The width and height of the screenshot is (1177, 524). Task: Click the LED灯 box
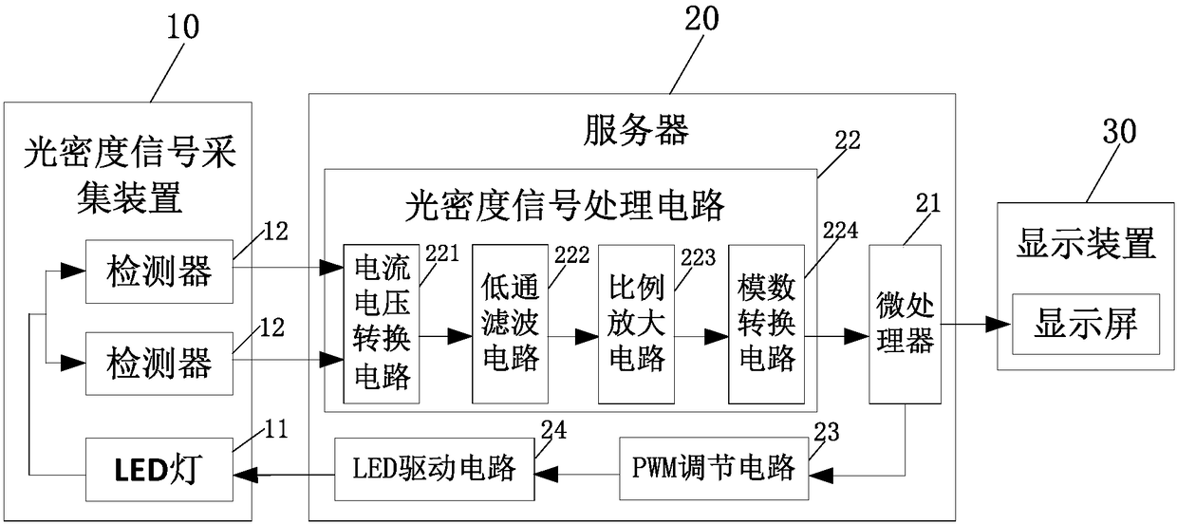point(159,469)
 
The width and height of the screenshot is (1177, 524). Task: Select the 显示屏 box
point(1086,324)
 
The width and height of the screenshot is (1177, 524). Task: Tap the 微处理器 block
point(905,325)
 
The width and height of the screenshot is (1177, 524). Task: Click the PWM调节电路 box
point(714,468)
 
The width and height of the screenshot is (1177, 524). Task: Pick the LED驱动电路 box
point(435,469)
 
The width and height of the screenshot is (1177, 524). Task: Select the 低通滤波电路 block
point(511,324)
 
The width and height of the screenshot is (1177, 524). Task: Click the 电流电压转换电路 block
point(382,324)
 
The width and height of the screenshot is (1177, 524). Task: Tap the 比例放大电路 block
point(636,324)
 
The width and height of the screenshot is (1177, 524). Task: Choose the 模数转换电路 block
point(766,324)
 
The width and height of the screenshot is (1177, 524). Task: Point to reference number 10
point(183,28)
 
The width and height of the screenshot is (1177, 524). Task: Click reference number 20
point(701,19)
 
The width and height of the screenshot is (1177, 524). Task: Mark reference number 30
point(1120,131)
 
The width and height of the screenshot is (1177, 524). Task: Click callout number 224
point(840,231)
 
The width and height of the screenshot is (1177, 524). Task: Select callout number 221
point(442,253)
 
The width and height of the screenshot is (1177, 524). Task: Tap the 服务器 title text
point(636,130)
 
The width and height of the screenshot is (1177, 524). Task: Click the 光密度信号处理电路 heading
point(565,205)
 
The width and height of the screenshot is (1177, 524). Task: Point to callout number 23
point(827,432)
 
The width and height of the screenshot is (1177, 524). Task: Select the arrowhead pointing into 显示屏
point(1000,324)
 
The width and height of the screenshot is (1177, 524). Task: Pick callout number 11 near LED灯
point(276,429)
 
